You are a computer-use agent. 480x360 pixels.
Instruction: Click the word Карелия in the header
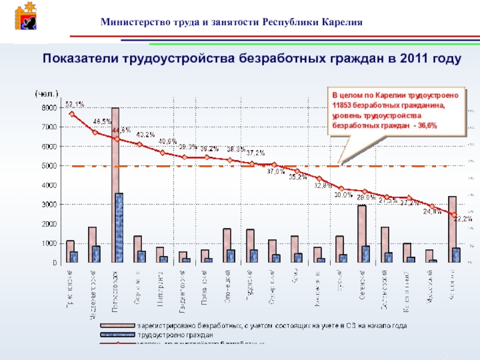tap(341, 22)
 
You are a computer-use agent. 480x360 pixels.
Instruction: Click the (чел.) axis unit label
tap(47, 94)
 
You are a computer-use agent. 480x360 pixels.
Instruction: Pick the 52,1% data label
tap(74, 104)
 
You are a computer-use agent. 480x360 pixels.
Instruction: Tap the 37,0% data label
tap(276, 172)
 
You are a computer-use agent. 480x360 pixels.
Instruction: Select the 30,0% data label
tap(343, 194)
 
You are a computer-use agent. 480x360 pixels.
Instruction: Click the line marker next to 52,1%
tap(71, 113)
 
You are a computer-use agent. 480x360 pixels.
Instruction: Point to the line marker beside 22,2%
tap(454, 214)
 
